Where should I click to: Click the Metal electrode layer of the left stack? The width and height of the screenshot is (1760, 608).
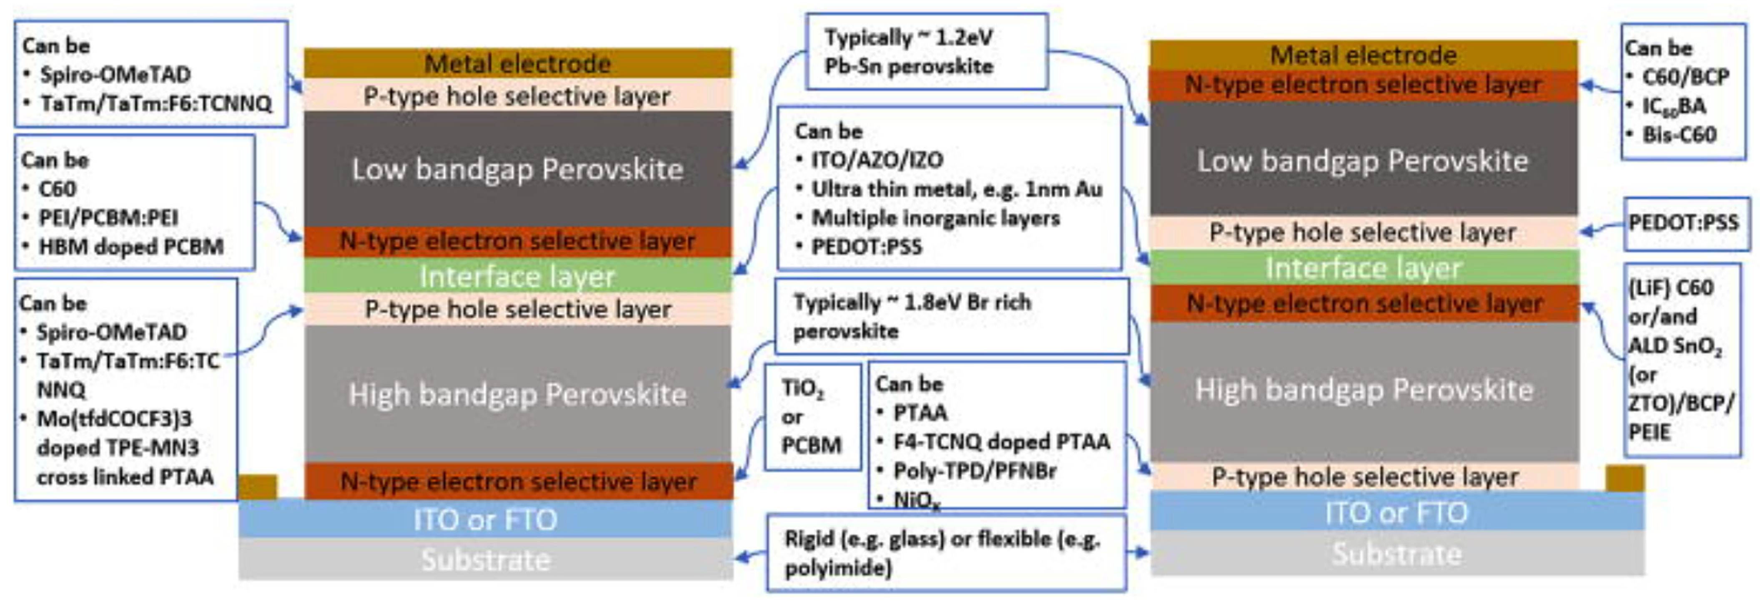tap(517, 63)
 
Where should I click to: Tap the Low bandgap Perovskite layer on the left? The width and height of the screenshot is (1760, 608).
tap(517, 169)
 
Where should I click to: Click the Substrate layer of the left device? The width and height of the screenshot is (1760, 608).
tap(485, 560)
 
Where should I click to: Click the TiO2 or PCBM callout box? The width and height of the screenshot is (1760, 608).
tap(812, 417)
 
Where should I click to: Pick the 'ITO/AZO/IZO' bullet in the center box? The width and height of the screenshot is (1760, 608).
tap(877, 160)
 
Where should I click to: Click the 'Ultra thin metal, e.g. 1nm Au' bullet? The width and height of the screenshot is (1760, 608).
tap(957, 189)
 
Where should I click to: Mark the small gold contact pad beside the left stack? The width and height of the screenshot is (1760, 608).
tap(258, 486)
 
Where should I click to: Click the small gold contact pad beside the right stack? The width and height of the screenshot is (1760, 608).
tap(1624, 478)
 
